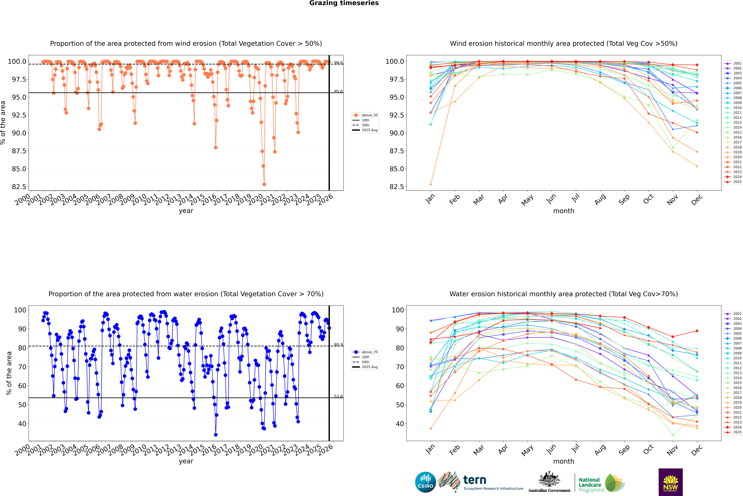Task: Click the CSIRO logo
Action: click(425, 482)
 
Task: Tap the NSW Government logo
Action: click(670, 482)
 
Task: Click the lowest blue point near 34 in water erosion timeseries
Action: click(216, 435)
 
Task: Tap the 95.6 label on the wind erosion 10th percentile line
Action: click(338, 91)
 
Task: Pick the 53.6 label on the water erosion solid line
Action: click(338, 396)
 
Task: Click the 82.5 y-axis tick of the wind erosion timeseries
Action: click(19, 187)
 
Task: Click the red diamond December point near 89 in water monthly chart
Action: click(697, 331)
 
